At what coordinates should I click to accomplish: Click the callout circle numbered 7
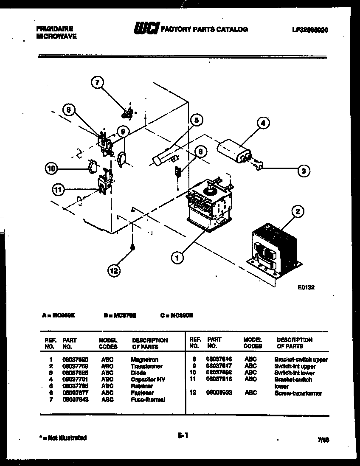coord(98,83)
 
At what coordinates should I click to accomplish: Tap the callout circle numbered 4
coord(263,123)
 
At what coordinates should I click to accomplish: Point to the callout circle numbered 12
coord(114,269)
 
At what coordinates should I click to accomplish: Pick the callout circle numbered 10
coord(51,169)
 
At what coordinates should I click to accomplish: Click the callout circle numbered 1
coord(177,256)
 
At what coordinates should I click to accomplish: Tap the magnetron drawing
coord(208,202)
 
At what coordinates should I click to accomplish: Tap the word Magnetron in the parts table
coord(145,359)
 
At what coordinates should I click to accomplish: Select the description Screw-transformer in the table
coord(298,393)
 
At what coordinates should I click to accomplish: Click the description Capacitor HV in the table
coord(148,379)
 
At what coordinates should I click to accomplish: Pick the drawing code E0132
coord(306,287)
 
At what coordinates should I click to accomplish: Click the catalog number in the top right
coord(310,30)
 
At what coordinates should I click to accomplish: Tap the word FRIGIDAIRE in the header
coord(55,28)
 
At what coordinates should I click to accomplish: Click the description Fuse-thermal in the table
coord(148,399)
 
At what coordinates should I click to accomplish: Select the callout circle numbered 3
coord(303,171)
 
